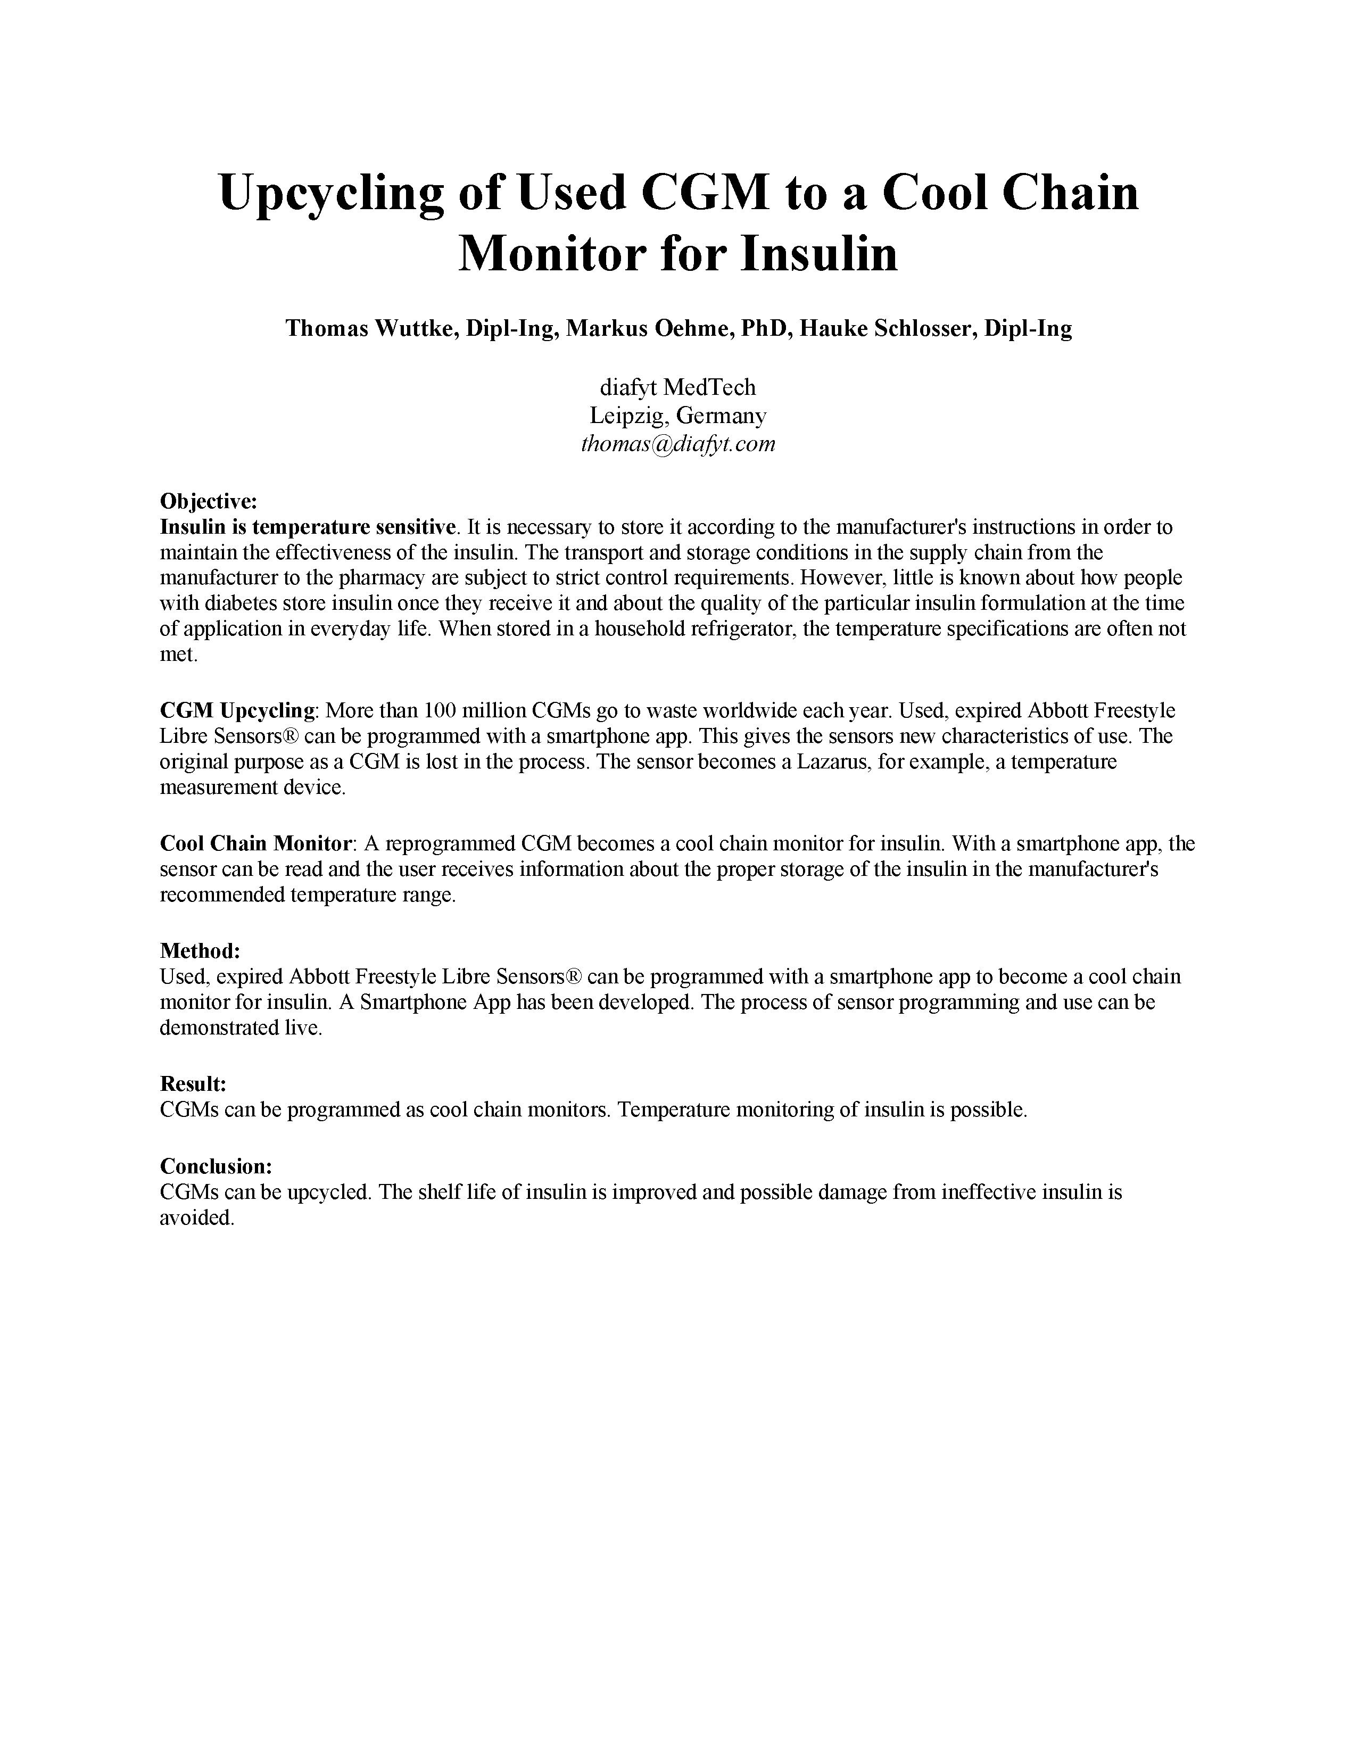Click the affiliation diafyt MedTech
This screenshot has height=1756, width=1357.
coord(677,387)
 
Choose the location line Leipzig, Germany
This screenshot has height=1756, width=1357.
coord(677,416)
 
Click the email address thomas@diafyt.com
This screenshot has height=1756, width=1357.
coord(677,444)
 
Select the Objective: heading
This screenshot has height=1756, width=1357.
coord(208,502)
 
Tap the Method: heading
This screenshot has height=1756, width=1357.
coord(200,951)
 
